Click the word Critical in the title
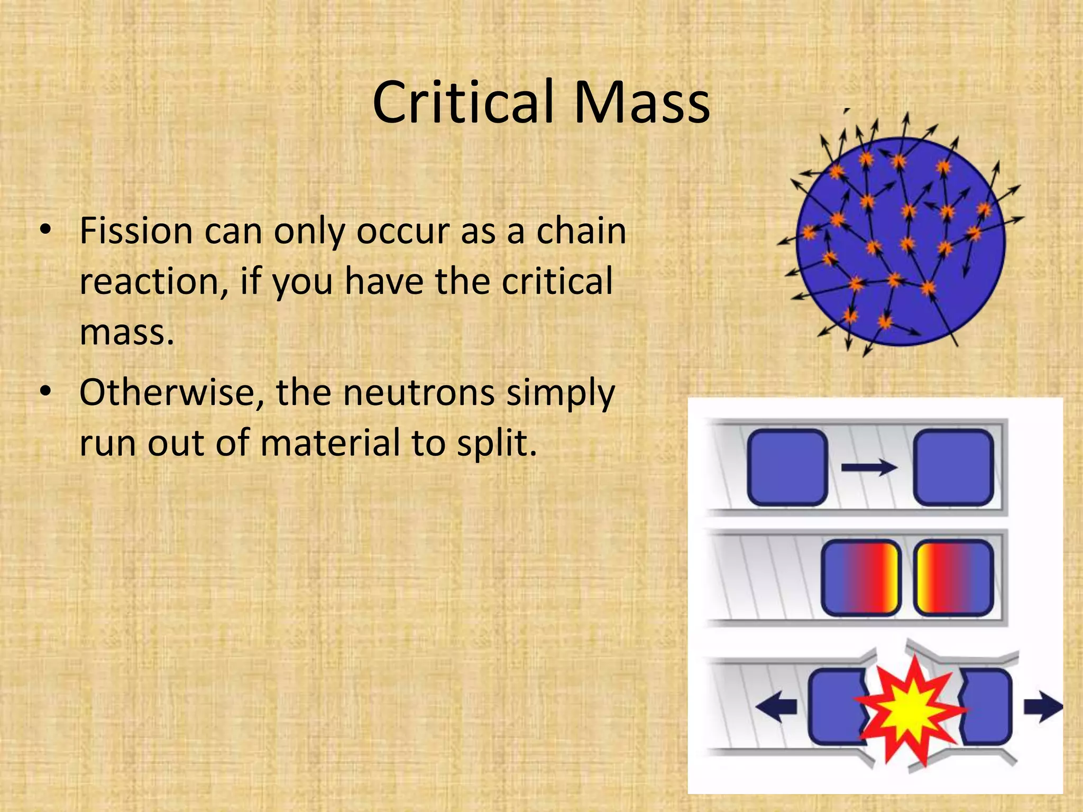(463, 103)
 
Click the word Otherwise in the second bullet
(171, 393)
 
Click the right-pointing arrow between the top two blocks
(869, 467)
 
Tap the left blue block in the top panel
(787, 467)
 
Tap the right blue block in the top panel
(953, 467)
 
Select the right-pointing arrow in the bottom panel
(1042, 706)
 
